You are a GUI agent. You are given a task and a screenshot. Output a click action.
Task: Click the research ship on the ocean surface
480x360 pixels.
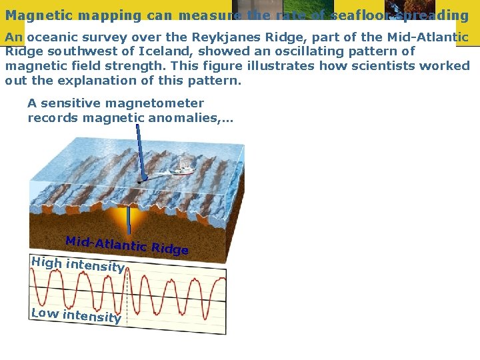click(181, 171)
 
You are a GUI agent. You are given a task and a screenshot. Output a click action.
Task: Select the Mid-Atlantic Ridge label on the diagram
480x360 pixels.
click(127, 245)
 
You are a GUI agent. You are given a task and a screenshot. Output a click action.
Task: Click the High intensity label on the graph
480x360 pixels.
click(77, 265)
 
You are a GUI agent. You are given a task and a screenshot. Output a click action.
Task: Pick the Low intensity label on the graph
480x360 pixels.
click(75, 315)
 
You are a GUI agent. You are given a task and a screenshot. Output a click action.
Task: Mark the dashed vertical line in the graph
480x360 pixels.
click(127, 293)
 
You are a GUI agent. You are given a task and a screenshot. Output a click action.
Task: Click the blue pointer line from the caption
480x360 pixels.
click(138, 150)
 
